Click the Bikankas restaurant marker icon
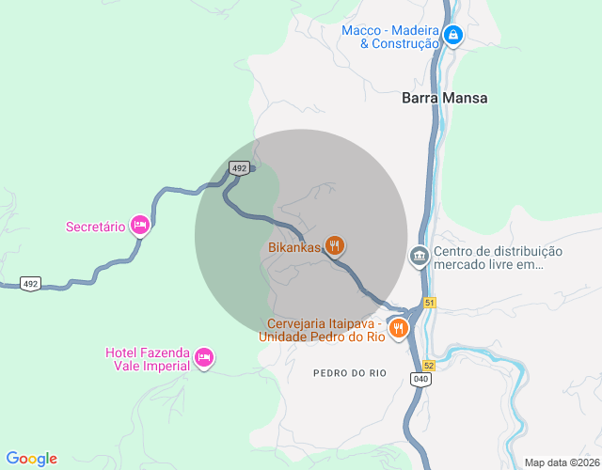click(334, 246)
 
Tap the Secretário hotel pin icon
click(139, 225)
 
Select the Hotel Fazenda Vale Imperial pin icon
click(204, 357)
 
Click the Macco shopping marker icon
click(453, 36)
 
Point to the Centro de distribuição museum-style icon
click(419, 256)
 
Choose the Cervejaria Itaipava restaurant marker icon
click(399, 328)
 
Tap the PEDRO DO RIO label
click(350, 373)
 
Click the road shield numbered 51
click(430, 302)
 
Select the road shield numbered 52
click(429, 365)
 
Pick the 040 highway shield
click(420, 378)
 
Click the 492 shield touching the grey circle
click(239, 168)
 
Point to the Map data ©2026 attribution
click(561, 462)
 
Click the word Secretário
click(96, 227)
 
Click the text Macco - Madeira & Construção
click(390, 37)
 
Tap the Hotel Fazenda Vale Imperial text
click(148, 359)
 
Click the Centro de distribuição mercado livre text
click(498, 258)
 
